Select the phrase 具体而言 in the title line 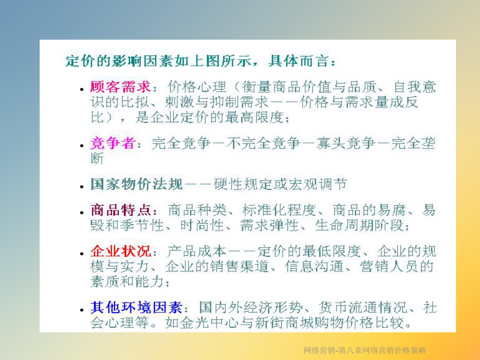[299, 61]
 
